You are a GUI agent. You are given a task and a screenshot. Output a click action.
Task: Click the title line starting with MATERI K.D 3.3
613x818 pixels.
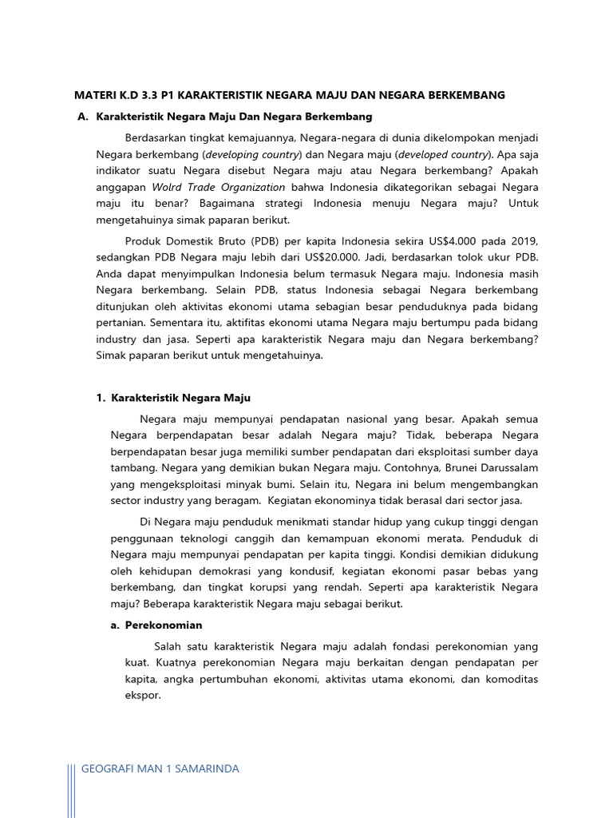(289, 95)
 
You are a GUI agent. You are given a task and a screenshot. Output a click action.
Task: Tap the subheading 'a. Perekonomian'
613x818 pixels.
(156, 625)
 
